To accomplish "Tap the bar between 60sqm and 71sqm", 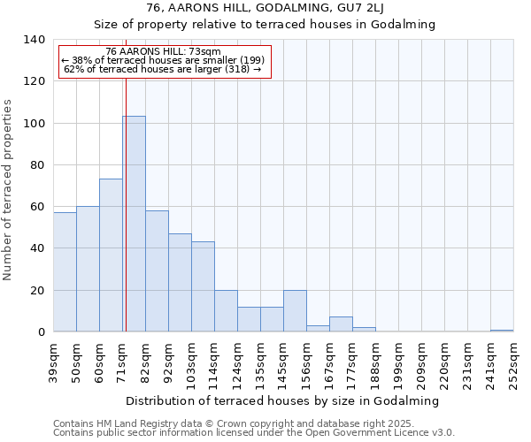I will pos(111,255).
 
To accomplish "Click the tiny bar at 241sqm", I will pos(502,331).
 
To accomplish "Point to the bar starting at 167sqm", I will pos(341,324).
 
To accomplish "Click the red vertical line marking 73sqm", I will pos(126,221).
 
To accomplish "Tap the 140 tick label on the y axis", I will pos(34,40).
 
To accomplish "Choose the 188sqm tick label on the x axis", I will pos(375,363).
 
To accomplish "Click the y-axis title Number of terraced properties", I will pos(9,190).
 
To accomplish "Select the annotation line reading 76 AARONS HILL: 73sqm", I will pos(163,52).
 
